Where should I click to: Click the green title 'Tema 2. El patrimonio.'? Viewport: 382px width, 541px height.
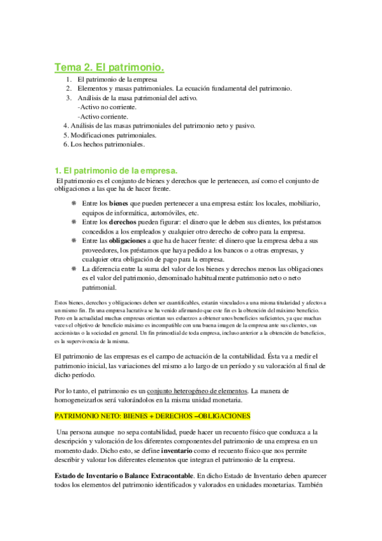click(109, 66)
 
